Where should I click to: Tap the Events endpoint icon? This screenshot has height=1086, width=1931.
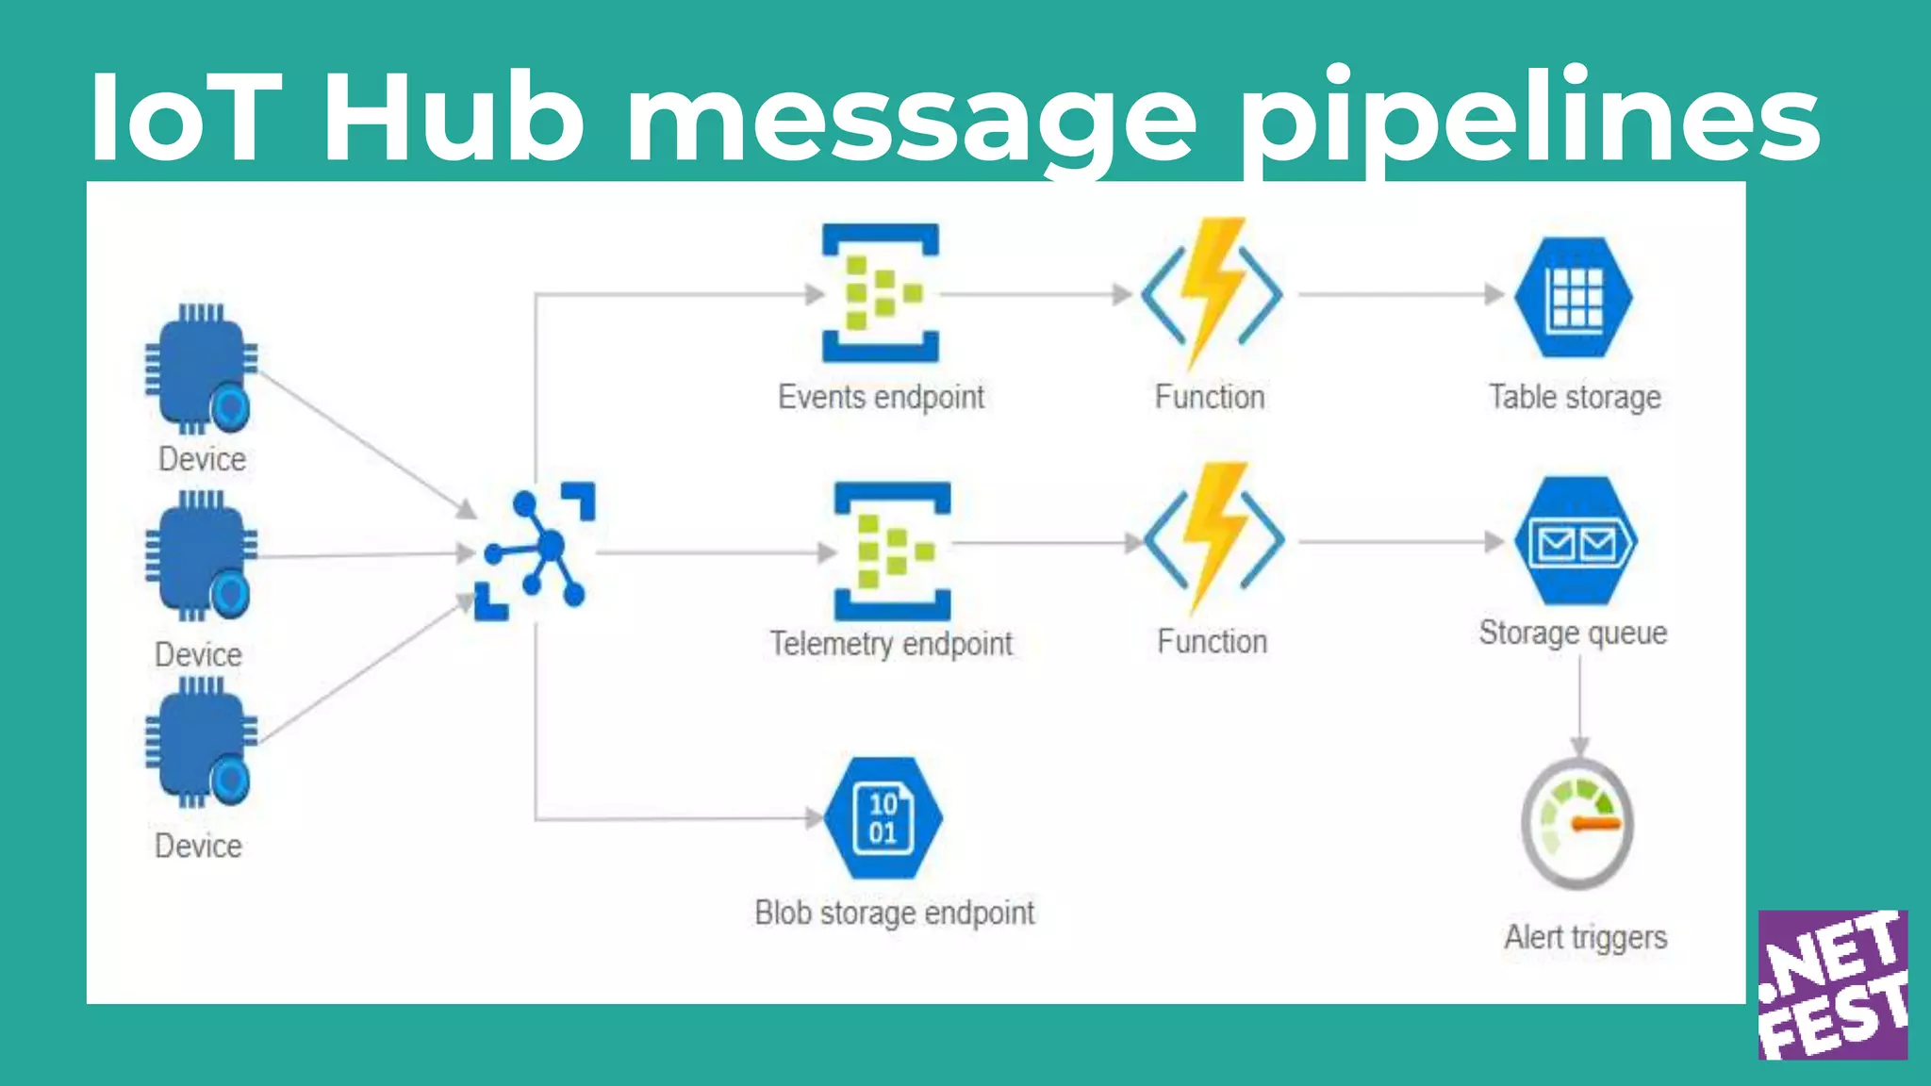click(881, 293)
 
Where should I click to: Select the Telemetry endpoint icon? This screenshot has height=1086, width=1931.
click(892, 551)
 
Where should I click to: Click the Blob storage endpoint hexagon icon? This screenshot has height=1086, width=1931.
click(883, 818)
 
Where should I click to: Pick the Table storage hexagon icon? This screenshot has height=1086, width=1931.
click(1574, 297)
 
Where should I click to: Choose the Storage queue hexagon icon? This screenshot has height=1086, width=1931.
click(1576, 541)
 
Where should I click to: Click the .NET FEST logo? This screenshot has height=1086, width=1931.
click(1832, 984)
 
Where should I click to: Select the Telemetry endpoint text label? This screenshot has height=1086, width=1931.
click(891, 644)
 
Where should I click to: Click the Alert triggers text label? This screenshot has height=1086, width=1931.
click(1585, 938)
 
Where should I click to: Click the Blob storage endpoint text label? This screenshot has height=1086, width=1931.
click(894, 913)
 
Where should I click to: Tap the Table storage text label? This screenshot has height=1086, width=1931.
click(1575, 398)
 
